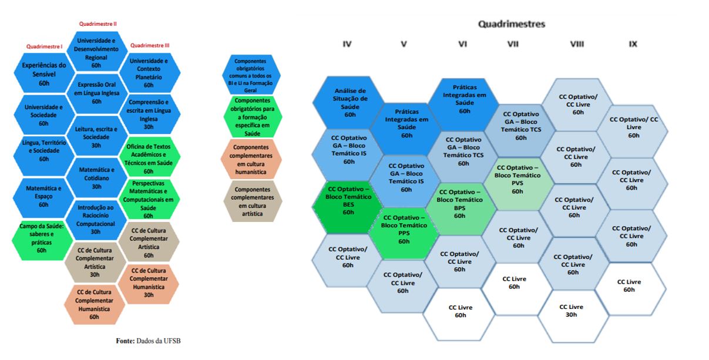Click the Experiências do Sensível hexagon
tap(44, 73)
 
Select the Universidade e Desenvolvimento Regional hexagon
tap(96, 52)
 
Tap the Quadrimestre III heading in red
tap(150, 46)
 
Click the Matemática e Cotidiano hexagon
tap(96, 178)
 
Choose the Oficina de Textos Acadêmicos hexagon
tap(149, 157)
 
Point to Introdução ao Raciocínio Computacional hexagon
tap(96, 220)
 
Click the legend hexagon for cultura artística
tap(252, 201)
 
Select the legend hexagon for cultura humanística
tap(251, 159)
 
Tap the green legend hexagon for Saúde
tap(253, 117)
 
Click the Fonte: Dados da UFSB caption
tap(148, 341)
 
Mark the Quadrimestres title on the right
tap(512, 24)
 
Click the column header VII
tap(513, 44)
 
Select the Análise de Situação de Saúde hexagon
tap(349, 103)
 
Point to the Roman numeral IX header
tap(633, 44)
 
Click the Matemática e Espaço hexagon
tap(43, 197)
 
